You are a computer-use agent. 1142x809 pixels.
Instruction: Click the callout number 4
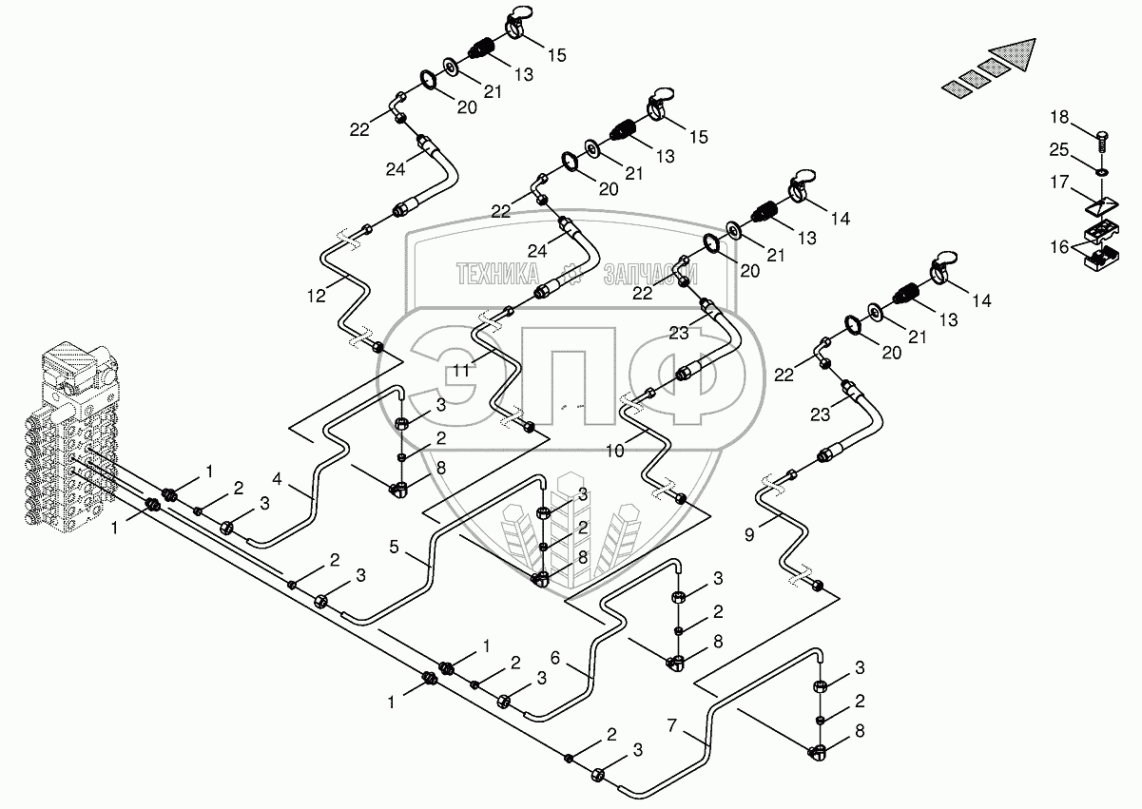(x=278, y=479)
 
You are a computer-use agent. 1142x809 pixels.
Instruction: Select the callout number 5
(x=394, y=548)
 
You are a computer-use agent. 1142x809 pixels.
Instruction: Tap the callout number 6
(x=555, y=658)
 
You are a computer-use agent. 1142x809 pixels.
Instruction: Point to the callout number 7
(x=672, y=725)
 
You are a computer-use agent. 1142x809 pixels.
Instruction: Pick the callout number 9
(x=749, y=535)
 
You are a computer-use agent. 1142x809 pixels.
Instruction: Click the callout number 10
(x=615, y=451)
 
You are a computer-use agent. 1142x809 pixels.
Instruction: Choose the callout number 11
(x=461, y=370)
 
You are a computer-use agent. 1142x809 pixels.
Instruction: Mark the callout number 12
(x=316, y=296)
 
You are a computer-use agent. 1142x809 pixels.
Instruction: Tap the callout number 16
(x=1059, y=247)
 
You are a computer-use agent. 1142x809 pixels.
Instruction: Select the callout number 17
(x=1059, y=182)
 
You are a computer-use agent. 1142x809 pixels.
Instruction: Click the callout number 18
(x=1059, y=117)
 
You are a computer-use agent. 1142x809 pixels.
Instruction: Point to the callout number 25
(x=1059, y=149)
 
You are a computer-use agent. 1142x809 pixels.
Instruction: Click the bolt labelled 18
(x=1102, y=141)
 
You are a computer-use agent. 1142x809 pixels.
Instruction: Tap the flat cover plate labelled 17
(x=1101, y=207)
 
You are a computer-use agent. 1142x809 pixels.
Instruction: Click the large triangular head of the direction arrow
(x=1013, y=54)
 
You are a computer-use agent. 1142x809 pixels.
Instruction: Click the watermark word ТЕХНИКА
(x=497, y=274)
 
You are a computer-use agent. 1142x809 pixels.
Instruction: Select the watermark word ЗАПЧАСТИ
(x=650, y=274)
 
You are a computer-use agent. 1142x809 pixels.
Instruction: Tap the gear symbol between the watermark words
(x=571, y=274)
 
